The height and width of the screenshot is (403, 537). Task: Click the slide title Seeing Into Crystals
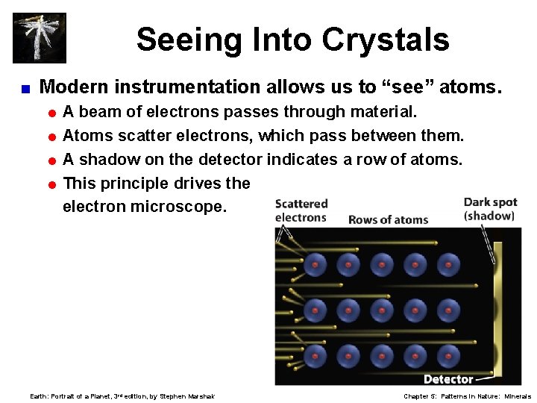tap(292, 40)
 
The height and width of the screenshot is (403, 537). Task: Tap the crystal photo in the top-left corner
tap(40, 37)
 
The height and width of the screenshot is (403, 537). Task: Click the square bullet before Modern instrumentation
tap(25, 88)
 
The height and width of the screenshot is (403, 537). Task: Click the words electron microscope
tap(143, 207)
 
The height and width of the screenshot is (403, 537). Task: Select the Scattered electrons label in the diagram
tap(301, 210)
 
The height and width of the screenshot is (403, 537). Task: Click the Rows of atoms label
tap(388, 219)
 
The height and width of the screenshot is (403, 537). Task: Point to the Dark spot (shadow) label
tap(489, 209)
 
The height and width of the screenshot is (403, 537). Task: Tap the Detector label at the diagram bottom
tap(448, 379)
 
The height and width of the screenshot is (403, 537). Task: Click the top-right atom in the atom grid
tap(448, 264)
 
